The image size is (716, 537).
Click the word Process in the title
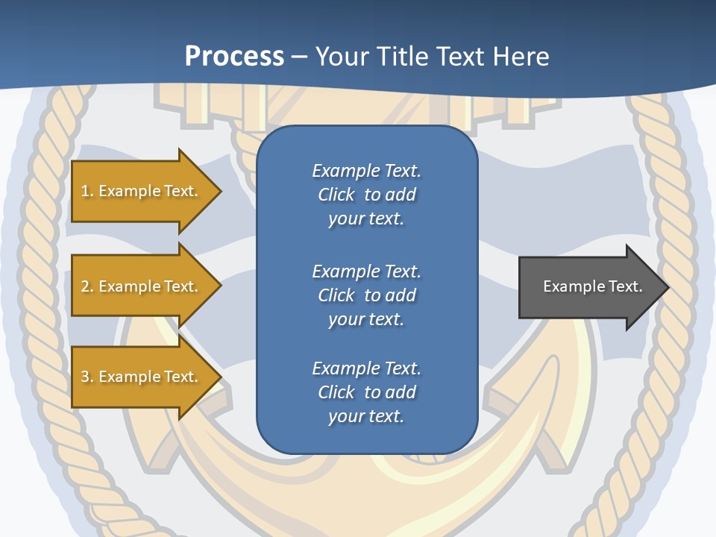point(234,57)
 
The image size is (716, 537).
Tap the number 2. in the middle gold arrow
point(87,286)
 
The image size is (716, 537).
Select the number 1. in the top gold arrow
point(87,191)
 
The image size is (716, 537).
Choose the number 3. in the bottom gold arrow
point(87,377)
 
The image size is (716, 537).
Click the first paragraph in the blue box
point(366,195)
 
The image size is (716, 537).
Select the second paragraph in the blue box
point(366,295)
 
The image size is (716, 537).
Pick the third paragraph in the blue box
point(366,392)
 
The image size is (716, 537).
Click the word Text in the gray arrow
point(625,286)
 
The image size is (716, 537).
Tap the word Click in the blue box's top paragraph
point(336,195)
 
